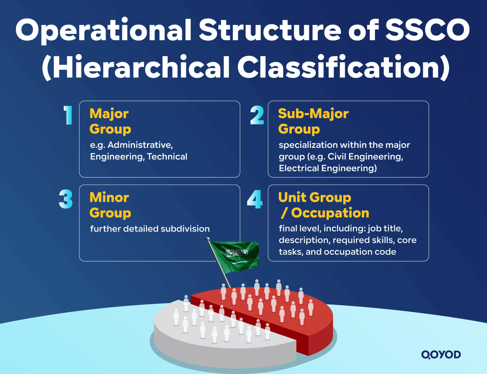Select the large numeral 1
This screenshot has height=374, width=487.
point(68,115)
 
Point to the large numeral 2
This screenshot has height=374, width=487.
point(257,115)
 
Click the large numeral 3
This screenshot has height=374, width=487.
point(66,199)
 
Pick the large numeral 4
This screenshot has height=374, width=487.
point(255,199)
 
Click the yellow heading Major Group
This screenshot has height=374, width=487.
point(110,121)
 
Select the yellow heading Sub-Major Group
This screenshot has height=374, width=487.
point(313,121)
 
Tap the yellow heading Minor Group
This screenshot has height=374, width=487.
point(110,205)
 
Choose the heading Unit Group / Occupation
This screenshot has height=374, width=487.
point(324,205)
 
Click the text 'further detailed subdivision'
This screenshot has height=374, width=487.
point(150,229)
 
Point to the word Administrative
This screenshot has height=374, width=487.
point(140,145)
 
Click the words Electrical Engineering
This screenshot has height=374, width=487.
point(328,168)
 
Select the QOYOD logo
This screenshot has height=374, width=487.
point(441,355)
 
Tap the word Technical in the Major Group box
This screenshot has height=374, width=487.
point(167,157)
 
